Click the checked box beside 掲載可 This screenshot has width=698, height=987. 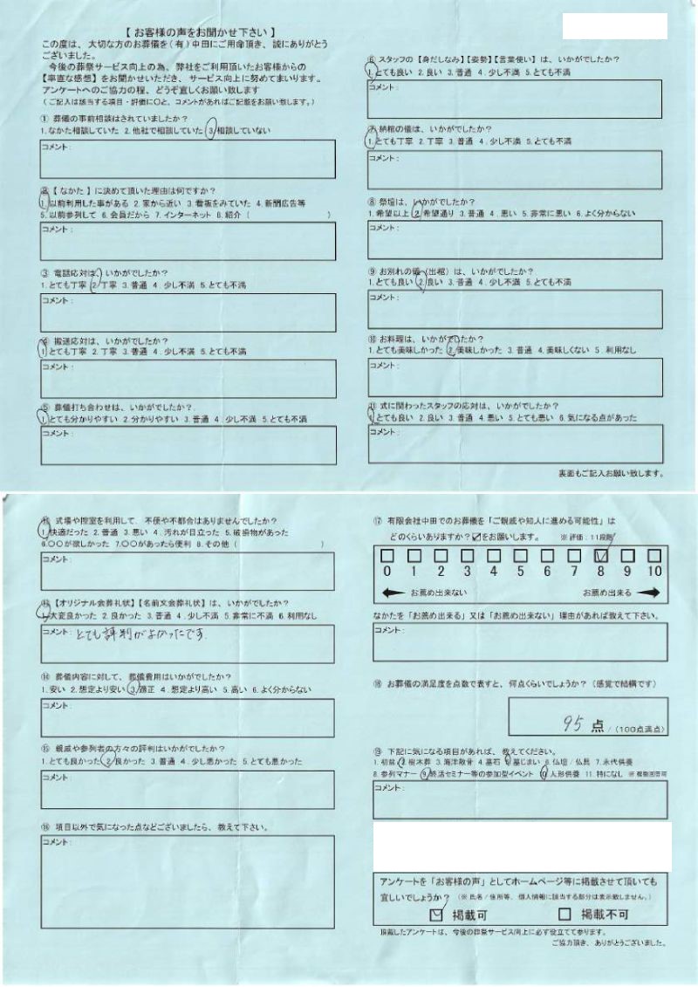click(x=438, y=915)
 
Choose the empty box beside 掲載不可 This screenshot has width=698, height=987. click(x=565, y=915)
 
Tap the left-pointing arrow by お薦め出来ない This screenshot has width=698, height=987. click(x=396, y=593)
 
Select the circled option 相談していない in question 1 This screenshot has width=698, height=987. click(x=241, y=131)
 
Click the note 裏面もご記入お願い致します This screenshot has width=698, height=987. click(x=610, y=474)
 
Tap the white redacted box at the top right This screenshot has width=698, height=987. click(x=615, y=26)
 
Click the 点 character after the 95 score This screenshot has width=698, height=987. click(x=598, y=723)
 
